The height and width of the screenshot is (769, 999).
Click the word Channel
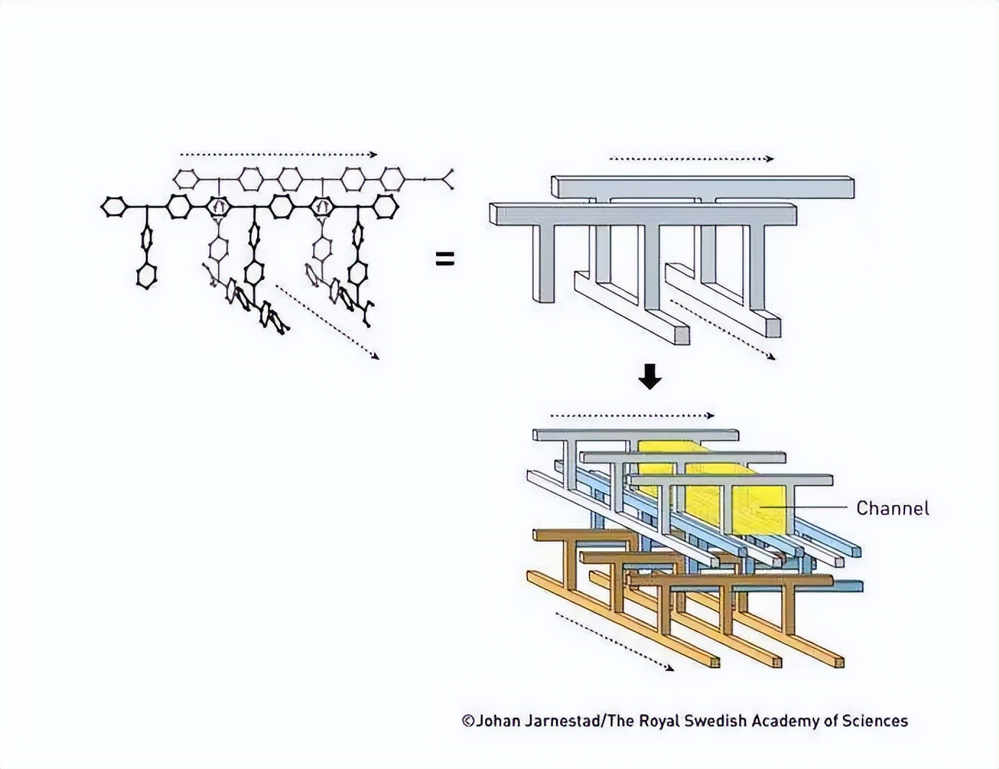tap(892, 508)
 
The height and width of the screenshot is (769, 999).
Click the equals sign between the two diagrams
tap(445, 259)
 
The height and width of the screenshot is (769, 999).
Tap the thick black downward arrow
tap(650, 377)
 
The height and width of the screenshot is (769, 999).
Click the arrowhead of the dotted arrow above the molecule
tap(374, 154)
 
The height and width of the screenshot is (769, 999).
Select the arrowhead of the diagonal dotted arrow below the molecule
tap(376, 356)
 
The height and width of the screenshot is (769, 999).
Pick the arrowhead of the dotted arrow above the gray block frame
tap(769, 159)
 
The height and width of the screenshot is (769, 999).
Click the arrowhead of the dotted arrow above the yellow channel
tap(710, 416)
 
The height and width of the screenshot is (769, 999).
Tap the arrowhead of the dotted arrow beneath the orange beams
tap(670, 669)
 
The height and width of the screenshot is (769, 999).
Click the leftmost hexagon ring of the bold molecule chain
tap(113, 207)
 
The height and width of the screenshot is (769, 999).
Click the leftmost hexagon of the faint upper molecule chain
tap(186, 179)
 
